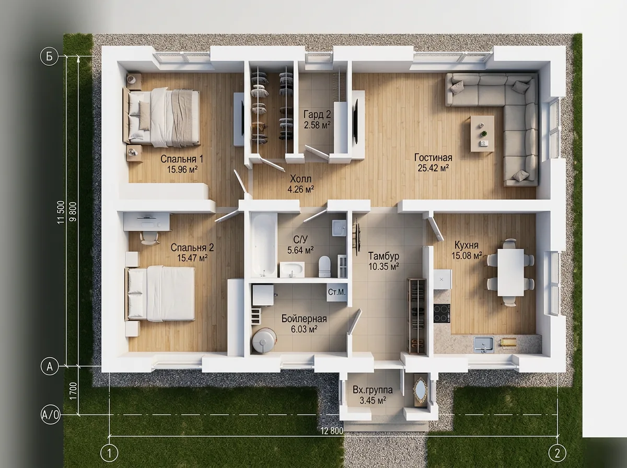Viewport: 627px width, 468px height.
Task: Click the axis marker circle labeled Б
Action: tap(50, 57)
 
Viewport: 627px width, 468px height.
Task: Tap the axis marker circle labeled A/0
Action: tap(50, 414)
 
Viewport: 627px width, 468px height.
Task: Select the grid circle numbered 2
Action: tap(558, 453)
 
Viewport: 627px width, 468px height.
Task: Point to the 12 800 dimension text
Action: tap(332, 430)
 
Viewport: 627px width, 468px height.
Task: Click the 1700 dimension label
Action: tap(74, 391)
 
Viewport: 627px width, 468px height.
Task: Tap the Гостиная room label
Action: tap(433, 157)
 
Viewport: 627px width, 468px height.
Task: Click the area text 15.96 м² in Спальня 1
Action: tap(182, 170)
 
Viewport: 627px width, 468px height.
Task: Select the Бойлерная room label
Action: tap(304, 319)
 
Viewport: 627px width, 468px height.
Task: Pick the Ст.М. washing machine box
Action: tap(337, 292)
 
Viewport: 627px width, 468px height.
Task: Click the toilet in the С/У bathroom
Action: tap(324, 266)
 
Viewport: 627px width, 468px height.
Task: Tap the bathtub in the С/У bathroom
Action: tap(264, 245)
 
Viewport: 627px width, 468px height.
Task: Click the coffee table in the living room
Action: tap(482, 134)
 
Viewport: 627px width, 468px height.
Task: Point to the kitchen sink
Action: tap(484, 343)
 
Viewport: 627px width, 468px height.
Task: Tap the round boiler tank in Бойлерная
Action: tap(264, 340)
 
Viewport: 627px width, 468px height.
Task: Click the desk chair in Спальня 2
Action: tap(149, 238)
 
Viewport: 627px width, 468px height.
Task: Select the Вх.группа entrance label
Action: tap(373, 390)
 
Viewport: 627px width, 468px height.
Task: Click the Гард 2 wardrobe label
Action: tap(317, 114)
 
